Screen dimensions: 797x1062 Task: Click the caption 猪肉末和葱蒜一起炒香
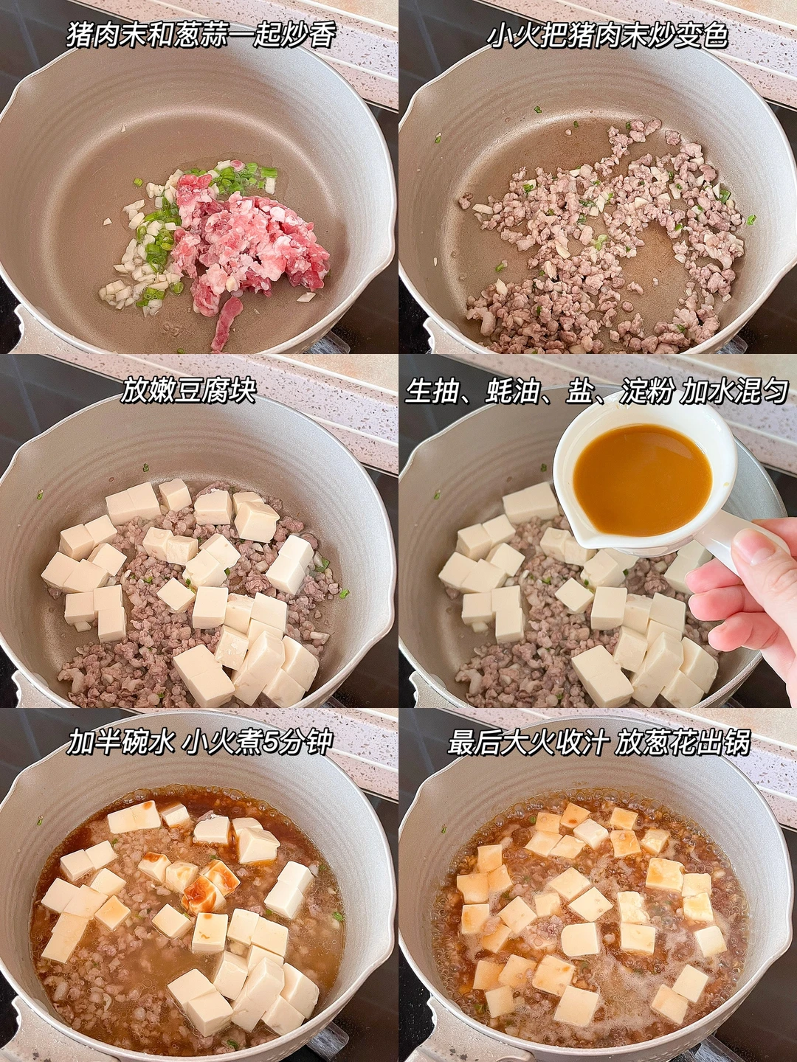(x=201, y=35)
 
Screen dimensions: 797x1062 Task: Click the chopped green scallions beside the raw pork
(x=159, y=237)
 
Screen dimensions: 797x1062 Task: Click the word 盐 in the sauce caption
(x=579, y=390)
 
